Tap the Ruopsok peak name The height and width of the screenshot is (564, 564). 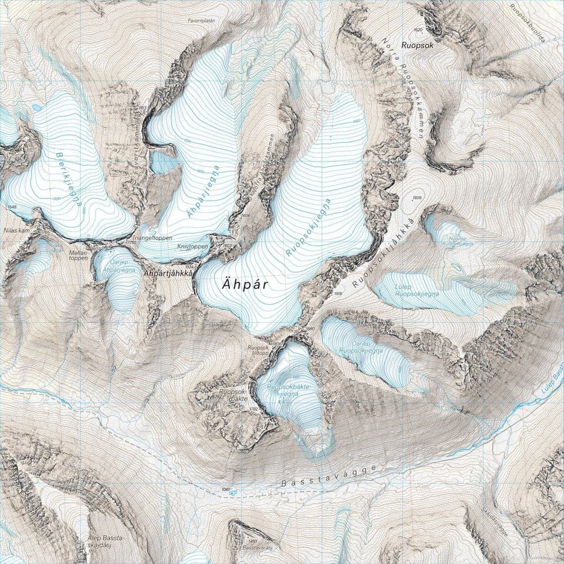click(x=418, y=47)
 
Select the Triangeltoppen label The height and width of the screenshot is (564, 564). click(x=153, y=238)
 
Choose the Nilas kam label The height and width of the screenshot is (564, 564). click(x=15, y=231)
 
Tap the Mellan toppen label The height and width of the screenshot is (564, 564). click(x=80, y=255)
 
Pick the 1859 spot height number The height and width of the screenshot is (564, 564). click(x=417, y=197)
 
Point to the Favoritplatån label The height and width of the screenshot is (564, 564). click(x=202, y=20)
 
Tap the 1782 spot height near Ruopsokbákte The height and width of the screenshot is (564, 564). click(x=253, y=408)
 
